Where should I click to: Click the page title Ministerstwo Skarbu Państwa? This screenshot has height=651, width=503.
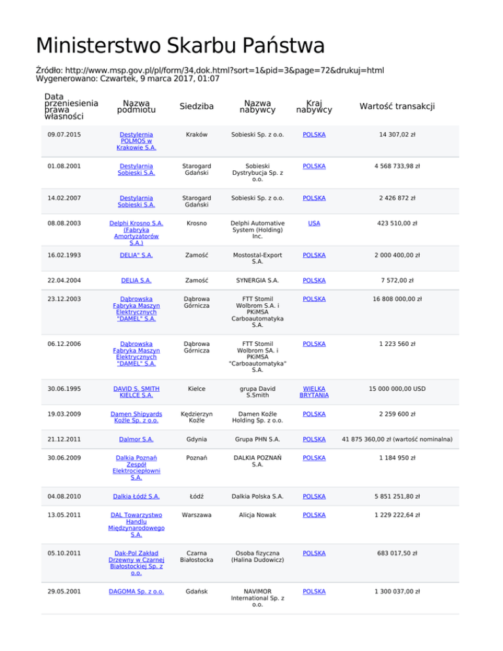click(x=180, y=46)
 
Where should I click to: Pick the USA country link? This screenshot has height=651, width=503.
click(x=314, y=223)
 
